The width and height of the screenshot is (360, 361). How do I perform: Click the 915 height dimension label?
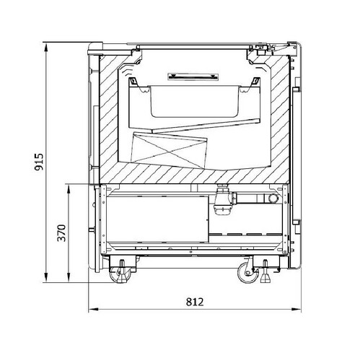39,162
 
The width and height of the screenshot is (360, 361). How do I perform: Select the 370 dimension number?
61,232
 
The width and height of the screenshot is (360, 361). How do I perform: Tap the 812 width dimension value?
195,302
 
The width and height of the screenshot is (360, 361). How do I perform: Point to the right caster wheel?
247,273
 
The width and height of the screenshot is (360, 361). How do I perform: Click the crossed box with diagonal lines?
169,149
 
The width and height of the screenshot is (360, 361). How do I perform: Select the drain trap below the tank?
221,199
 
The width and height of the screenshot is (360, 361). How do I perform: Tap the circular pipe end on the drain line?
273,199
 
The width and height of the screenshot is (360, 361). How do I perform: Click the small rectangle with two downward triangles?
193,77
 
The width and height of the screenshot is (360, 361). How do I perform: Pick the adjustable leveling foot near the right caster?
265,272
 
